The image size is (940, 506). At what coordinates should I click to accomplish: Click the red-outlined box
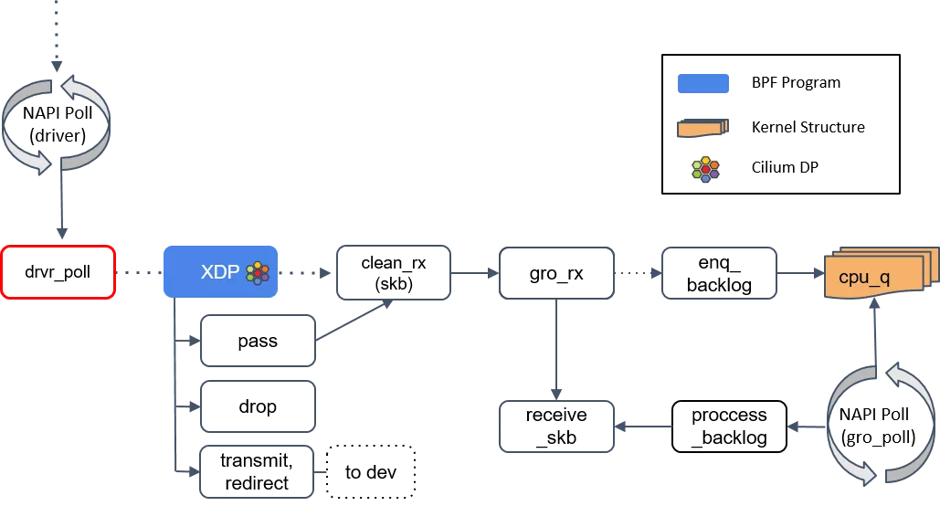(58, 272)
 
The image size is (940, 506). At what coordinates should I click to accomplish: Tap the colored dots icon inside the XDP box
(259, 272)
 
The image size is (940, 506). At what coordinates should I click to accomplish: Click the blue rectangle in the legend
(702, 84)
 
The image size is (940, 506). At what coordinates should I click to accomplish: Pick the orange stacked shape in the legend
(702, 128)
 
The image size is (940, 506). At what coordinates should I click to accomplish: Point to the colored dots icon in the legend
(704, 170)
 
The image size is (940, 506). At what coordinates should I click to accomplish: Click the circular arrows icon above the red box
(57, 124)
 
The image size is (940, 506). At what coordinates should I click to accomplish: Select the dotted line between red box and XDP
(139, 272)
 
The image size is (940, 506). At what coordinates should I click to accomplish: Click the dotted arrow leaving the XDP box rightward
(305, 272)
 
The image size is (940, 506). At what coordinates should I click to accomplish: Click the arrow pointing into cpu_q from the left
(800, 272)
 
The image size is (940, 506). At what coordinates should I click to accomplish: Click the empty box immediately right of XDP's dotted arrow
(394, 272)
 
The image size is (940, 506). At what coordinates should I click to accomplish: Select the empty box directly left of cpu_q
(719, 272)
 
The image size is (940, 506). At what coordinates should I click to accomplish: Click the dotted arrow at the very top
(57, 37)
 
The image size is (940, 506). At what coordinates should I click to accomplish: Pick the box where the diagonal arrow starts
(258, 341)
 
